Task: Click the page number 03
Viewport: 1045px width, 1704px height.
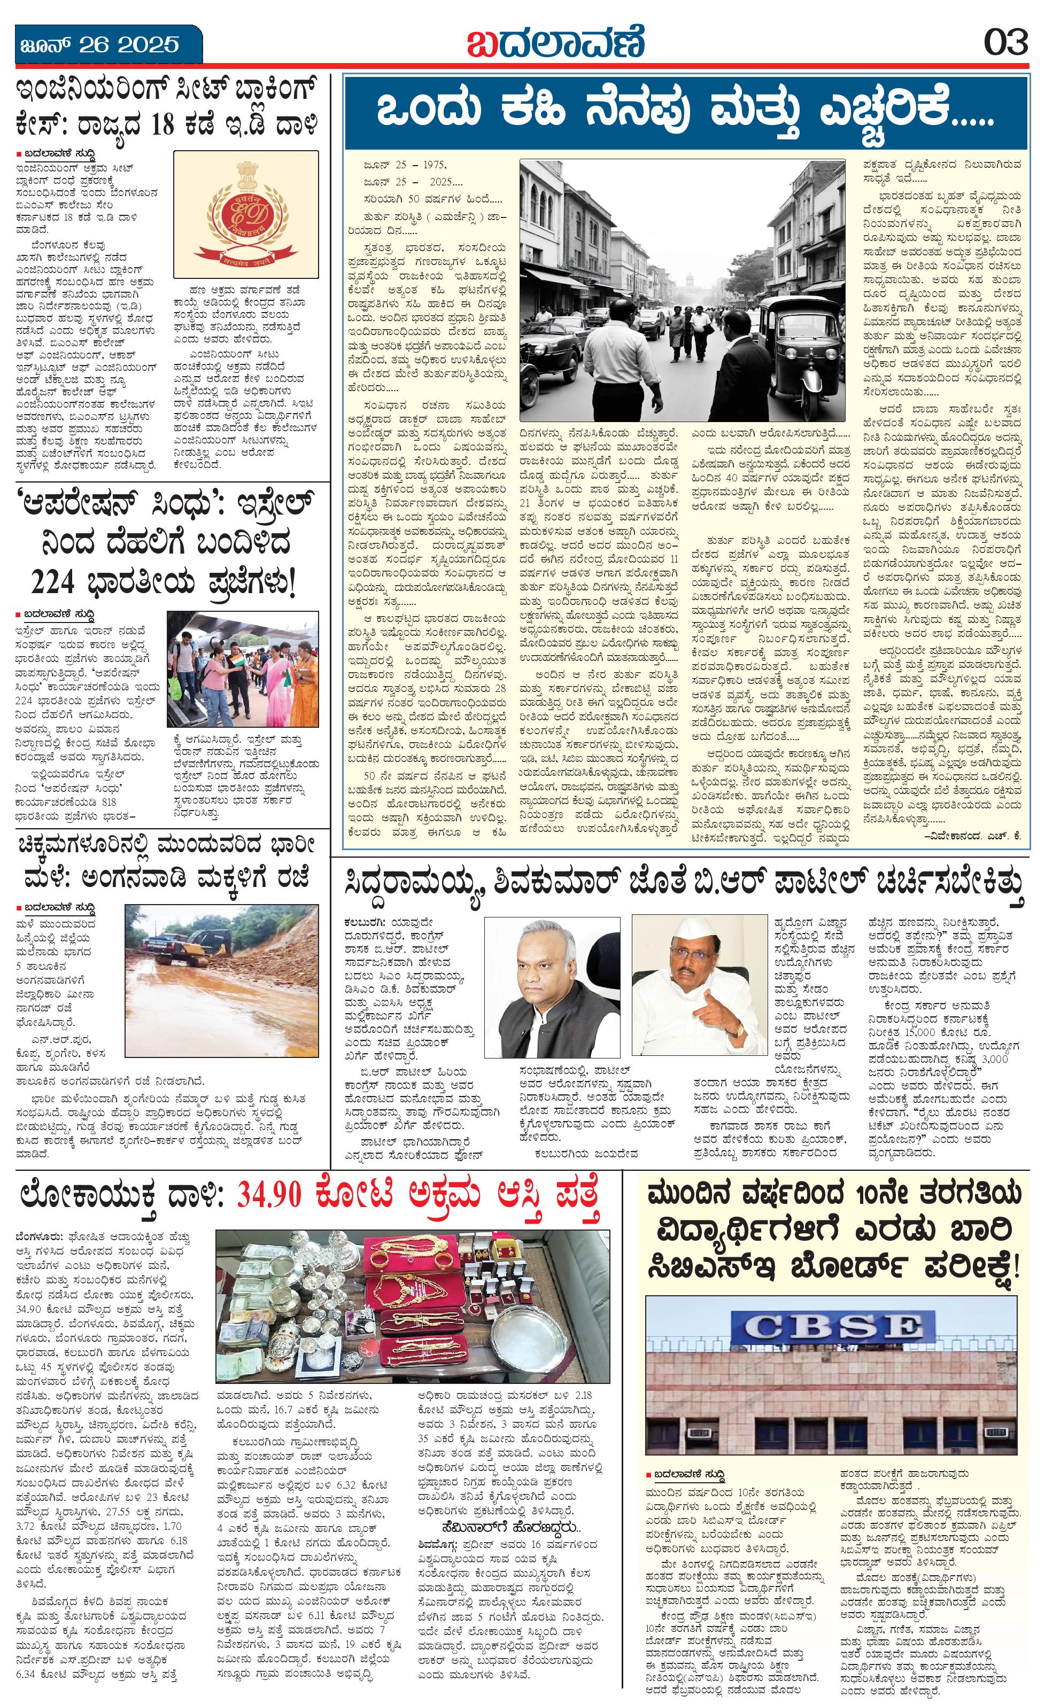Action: pyautogui.click(x=1007, y=44)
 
